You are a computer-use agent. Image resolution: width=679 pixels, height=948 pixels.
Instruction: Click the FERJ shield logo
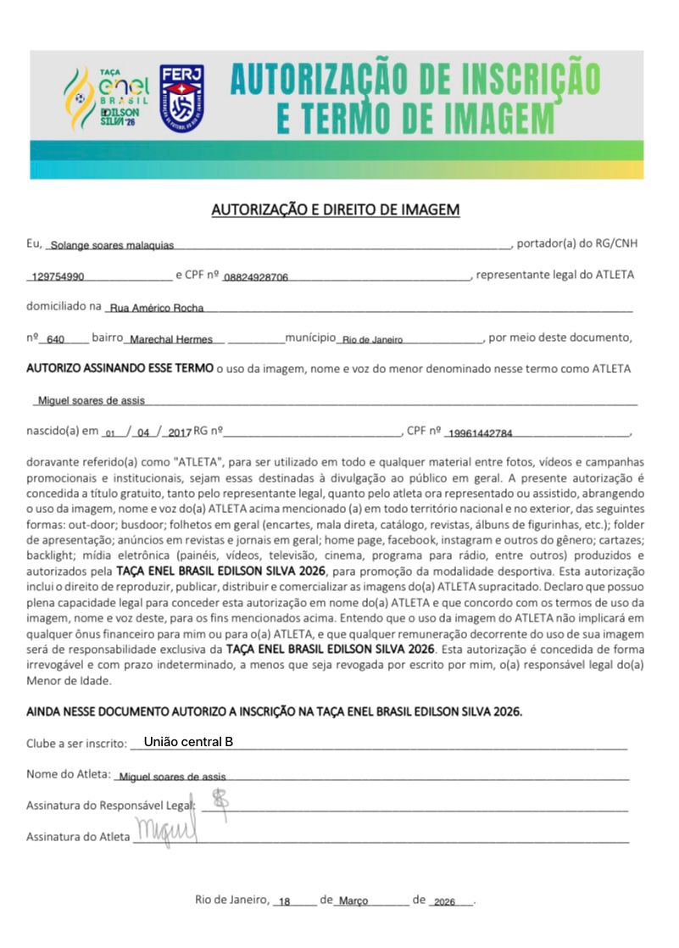(x=181, y=97)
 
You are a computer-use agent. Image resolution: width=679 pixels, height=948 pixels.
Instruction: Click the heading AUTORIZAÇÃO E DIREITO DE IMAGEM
(x=335, y=209)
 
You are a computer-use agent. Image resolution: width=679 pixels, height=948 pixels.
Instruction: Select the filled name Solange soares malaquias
(x=112, y=246)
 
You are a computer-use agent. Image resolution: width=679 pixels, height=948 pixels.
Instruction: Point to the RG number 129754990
(x=56, y=277)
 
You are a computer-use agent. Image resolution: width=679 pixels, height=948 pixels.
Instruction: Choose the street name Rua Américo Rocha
(x=157, y=309)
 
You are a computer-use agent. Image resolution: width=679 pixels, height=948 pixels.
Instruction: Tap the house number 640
(x=56, y=340)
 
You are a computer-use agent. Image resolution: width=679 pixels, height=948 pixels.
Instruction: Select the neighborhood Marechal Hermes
(x=170, y=340)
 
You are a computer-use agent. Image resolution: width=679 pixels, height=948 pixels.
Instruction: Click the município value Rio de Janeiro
(x=371, y=340)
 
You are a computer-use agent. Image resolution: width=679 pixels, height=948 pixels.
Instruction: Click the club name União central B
(x=188, y=742)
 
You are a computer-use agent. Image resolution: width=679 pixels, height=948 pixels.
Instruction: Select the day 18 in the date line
(x=284, y=902)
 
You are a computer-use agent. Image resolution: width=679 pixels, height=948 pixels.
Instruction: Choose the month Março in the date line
(x=353, y=902)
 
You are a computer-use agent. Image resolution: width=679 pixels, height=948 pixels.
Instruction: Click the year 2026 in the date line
(x=443, y=902)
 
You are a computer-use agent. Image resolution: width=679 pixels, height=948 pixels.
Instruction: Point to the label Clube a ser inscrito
(x=76, y=744)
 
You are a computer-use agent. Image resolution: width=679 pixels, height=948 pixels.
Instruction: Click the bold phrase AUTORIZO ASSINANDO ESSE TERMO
(x=120, y=369)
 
